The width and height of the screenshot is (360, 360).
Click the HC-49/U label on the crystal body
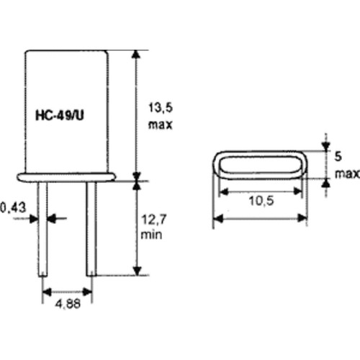tap(67, 114)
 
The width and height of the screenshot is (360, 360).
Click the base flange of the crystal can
tap(67, 175)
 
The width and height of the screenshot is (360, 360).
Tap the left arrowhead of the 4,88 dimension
tap(45, 292)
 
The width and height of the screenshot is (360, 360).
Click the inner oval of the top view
tap(261, 166)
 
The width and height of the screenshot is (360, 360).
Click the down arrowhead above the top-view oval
tap(325, 146)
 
